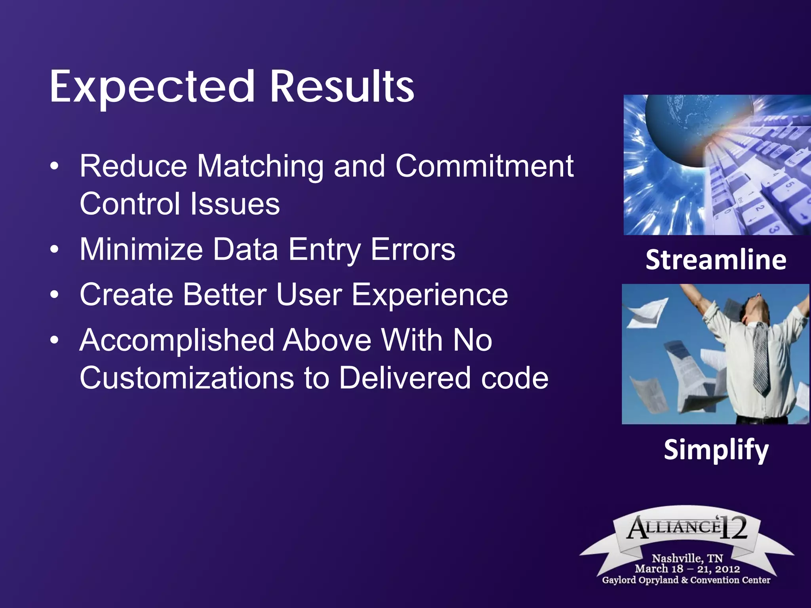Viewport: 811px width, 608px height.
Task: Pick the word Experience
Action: coord(430,295)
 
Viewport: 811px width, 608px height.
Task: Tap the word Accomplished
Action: coord(177,341)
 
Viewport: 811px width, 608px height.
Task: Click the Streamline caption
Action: coord(716,260)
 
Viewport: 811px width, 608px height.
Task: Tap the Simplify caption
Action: coord(716,450)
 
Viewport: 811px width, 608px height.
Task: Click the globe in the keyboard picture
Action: coord(689,131)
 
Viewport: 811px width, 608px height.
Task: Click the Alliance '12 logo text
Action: coord(687,528)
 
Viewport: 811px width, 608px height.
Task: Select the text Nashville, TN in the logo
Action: coord(687,558)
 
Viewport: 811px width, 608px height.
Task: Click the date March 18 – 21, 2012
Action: coord(687,569)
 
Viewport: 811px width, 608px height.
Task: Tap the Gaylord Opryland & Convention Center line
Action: coord(686,580)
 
